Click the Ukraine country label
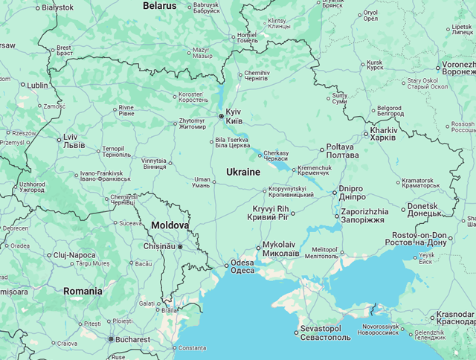point(243,172)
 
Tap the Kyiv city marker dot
point(221,116)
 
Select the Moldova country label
point(170,225)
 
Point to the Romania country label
point(83,291)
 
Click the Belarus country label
point(160,6)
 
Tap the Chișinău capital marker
point(179,246)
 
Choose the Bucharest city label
point(133,339)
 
